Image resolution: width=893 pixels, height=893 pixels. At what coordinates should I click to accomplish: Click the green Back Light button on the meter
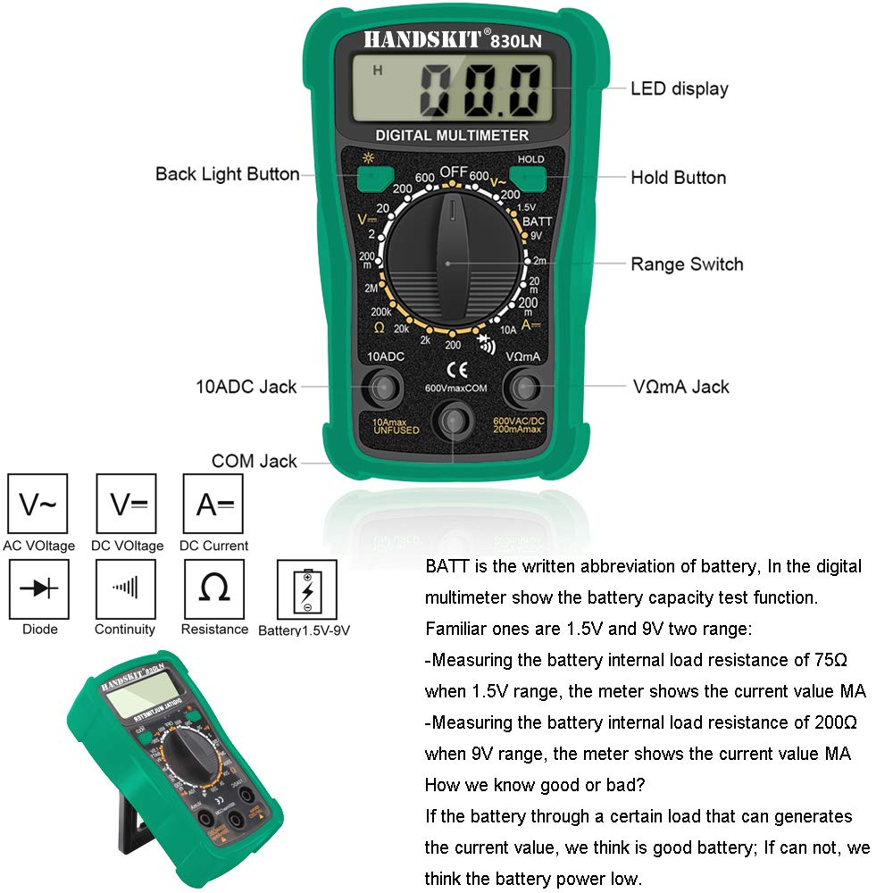pyautogui.click(x=368, y=179)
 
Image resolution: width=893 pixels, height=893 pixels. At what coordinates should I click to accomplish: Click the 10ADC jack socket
pyautogui.click(x=386, y=387)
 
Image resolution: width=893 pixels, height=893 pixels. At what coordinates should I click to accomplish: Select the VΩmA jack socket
pyautogui.click(x=523, y=387)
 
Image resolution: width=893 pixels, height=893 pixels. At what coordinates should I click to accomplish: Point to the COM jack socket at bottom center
pyautogui.click(x=455, y=420)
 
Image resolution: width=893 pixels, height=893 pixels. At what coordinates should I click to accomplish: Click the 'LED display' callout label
pyautogui.click(x=679, y=88)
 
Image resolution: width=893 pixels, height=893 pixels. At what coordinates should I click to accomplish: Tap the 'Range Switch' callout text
pyautogui.click(x=686, y=264)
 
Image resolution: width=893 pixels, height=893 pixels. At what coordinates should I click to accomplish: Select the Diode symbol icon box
pyautogui.click(x=38, y=588)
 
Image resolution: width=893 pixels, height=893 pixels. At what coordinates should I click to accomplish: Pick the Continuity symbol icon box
pyautogui.click(x=125, y=588)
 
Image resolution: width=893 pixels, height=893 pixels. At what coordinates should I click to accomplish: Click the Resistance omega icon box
pyautogui.click(x=213, y=588)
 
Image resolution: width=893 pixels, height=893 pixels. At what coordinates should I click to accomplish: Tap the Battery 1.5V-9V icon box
pyautogui.click(x=307, y=589)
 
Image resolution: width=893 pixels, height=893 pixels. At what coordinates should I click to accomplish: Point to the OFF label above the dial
pyautogui.click(x=454, y=171)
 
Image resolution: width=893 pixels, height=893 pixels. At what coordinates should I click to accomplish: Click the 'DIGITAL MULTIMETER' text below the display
pyautogui.click(x=452, y=136)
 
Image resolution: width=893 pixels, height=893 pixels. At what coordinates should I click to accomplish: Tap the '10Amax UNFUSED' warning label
pyautogui.click(x=389, y=425)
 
